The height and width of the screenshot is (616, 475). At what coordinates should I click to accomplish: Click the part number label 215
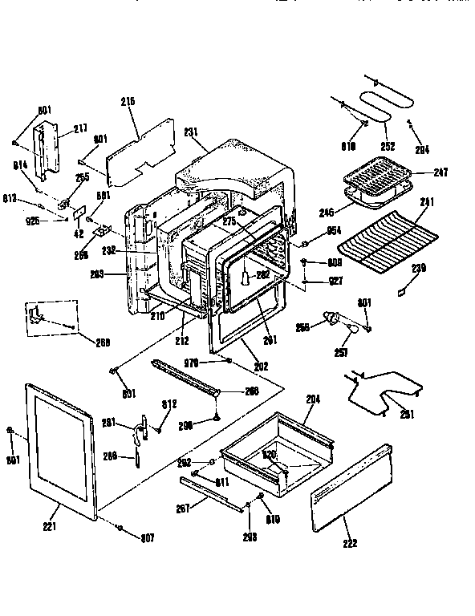128,101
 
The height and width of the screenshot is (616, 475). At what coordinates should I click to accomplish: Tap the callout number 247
440,172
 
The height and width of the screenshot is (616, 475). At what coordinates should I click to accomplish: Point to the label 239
419,267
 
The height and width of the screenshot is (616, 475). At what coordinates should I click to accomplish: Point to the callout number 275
229,221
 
